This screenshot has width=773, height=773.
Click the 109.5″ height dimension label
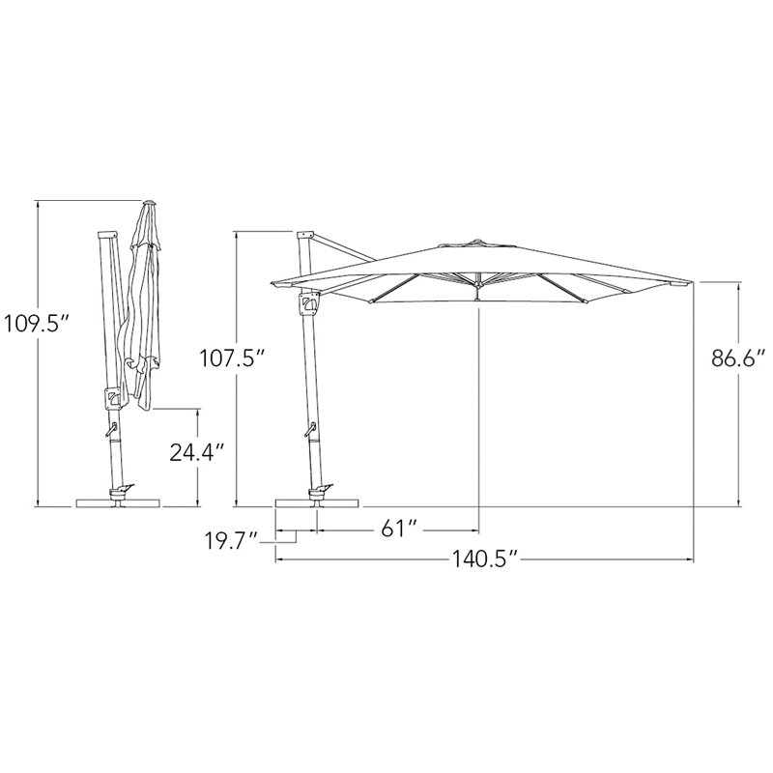(x=37, y=325)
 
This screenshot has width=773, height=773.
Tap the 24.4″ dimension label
(x=198, y=452)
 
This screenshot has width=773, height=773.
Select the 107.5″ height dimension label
(x=233, y=358)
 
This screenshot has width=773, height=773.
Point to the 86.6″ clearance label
(x=738, y=358)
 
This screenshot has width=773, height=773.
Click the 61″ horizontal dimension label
(x=399, y=530)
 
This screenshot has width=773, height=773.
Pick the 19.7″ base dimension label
(x=232, y=541)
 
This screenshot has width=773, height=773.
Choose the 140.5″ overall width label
(x=485, y=559)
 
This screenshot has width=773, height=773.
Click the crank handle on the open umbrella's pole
(x=310, y=429)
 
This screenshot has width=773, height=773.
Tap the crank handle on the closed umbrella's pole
(x=110, y=429)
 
